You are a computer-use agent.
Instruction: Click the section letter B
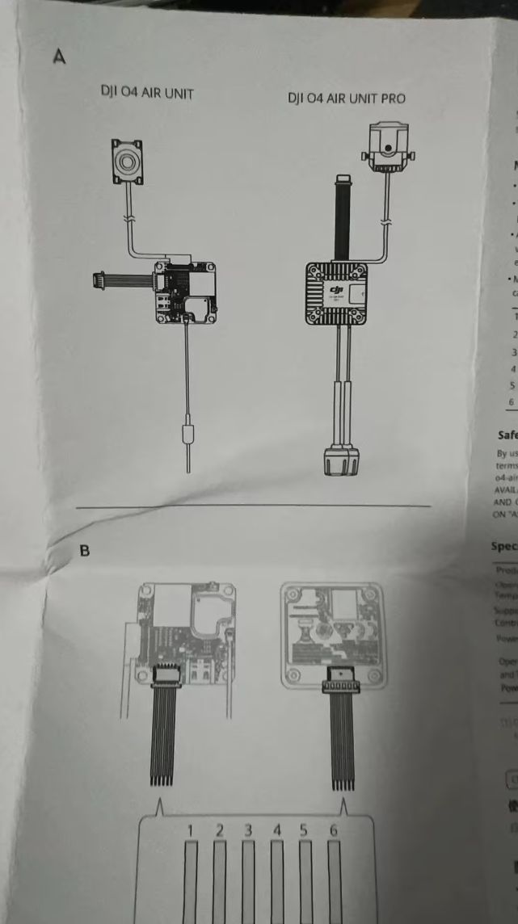(84, 527)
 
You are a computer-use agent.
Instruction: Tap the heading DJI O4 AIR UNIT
(146, 94)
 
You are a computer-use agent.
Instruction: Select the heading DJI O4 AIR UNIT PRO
(347, 99)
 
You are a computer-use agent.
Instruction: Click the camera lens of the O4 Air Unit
(127, 162)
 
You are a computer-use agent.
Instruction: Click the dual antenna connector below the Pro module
(339, 461)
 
